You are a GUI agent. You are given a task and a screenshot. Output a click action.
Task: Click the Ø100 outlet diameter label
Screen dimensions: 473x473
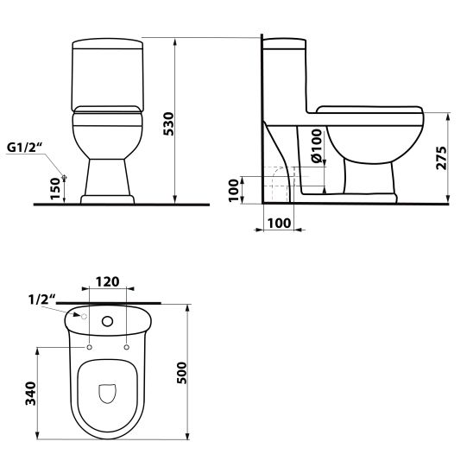click(x=316, y=147)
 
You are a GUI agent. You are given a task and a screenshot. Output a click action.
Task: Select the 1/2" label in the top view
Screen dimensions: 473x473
click(x=41, y=300)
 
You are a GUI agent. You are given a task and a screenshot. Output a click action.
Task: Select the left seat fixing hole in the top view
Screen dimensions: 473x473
click(x=90, y=347)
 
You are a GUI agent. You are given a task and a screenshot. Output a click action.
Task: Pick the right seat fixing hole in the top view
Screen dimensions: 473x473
click(x=127, y=347)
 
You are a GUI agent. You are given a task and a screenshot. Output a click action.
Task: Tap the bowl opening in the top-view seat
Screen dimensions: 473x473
click(x=109, y=394)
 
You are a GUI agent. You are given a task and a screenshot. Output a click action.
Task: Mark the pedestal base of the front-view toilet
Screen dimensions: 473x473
click(x=107, y=199)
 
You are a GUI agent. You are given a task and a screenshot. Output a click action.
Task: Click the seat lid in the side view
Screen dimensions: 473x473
click(x=369, y=110)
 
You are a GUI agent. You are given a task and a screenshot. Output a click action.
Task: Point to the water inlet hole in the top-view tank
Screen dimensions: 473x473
click(x=85, y=316)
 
